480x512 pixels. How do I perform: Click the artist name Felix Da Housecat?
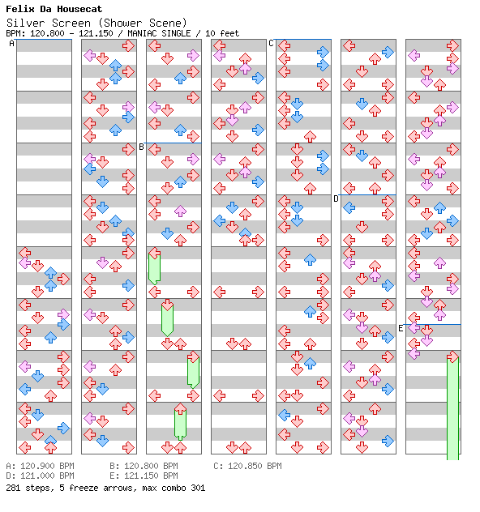(54, 9)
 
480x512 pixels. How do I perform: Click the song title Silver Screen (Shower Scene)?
(96, 23)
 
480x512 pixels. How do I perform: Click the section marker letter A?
(11, 43)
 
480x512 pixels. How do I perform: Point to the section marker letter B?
(141, 147)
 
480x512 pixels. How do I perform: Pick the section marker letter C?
(271, 43)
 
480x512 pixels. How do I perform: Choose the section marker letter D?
(336, 198)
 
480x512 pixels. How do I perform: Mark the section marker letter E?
(401, 328)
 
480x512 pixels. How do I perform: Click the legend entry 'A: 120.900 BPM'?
(41, 466)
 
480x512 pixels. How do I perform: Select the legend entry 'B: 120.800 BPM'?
(144, 466)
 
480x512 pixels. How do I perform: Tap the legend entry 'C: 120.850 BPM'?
(247, 466)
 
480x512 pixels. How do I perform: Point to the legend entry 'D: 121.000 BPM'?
(41, 476)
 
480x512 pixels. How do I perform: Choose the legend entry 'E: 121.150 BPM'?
(144, 476)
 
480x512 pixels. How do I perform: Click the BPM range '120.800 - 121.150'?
(71, 33)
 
